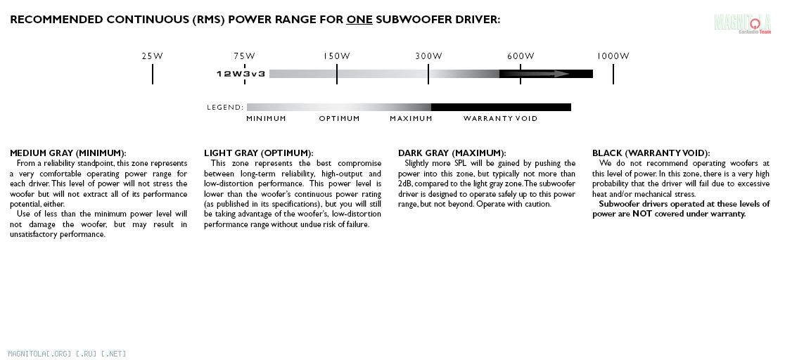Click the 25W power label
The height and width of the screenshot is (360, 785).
[x=152, y=56]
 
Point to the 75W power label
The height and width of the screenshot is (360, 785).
[x=244, y=56]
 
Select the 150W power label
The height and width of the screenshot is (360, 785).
[x=337, y=56]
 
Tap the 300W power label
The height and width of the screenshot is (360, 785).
[x=428, y=56]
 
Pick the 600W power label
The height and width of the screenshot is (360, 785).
[x=521, y=56]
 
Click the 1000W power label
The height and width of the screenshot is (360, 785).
[x=613, y=56]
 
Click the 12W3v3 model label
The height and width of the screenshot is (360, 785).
[x=241, y=74]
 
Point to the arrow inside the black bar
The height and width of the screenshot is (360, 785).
[x=535, y=74]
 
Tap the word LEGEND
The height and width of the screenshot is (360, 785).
[x=225, y=107]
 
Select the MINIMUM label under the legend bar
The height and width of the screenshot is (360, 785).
[x=267, y=119]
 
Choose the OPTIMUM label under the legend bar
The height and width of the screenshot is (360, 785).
[x=340, y=119]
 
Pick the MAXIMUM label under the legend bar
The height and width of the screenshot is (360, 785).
[x=411, y=119]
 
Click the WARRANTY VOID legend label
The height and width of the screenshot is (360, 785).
[x=500, y=119]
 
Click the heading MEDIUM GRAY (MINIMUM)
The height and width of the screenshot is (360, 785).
[x=68, y=153]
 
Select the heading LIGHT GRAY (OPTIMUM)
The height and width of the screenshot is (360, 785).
[x=259, y=153]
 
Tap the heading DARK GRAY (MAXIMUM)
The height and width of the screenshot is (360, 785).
[x=452, y=153]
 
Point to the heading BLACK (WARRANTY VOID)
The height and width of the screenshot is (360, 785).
[x=651, y=153]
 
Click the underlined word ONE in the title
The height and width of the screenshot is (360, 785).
[x=359, y=20]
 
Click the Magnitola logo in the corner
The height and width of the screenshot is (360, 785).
[x=743, y=23]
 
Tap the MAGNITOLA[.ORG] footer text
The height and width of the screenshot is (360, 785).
[x=40, y=354]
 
